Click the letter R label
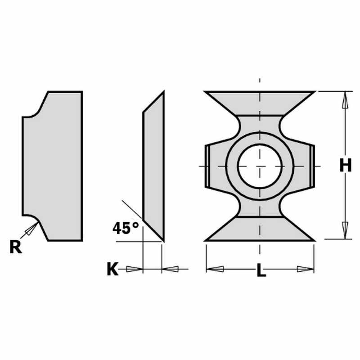pyautogui.click(x=16, y=247)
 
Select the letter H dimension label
pyautogui.click(x=345, y=166)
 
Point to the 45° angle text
pyautogui.click(x=126, y=228)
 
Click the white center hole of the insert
pyautogui.click(x=260, y=166)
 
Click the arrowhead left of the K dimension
pyautogui.click(x=134, y=269)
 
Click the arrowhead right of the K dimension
pyautogui.click(x=171, y=269)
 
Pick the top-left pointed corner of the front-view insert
pyautogui.click(x=206, y=92)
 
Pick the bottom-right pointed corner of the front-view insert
pyautogui.click(x=314, y=240)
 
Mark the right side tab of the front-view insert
pyautogui.click(x=312, y=166)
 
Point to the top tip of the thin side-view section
pyautogui.click(x=162, y=93)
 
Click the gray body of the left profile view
pyautogui.click(x=54, y=166)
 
